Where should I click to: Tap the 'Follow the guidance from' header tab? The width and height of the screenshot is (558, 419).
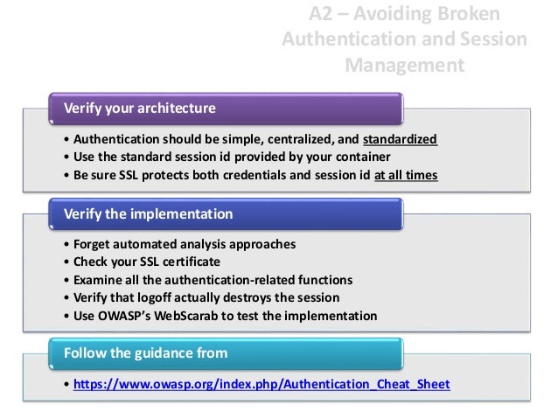point(145,353)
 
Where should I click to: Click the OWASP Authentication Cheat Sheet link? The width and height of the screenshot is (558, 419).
point(262,385)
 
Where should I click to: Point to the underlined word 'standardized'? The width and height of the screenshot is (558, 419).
point(400,140)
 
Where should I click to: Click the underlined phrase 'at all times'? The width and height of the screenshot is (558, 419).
point(406,175)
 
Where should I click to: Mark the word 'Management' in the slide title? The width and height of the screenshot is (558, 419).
point(405,64)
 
